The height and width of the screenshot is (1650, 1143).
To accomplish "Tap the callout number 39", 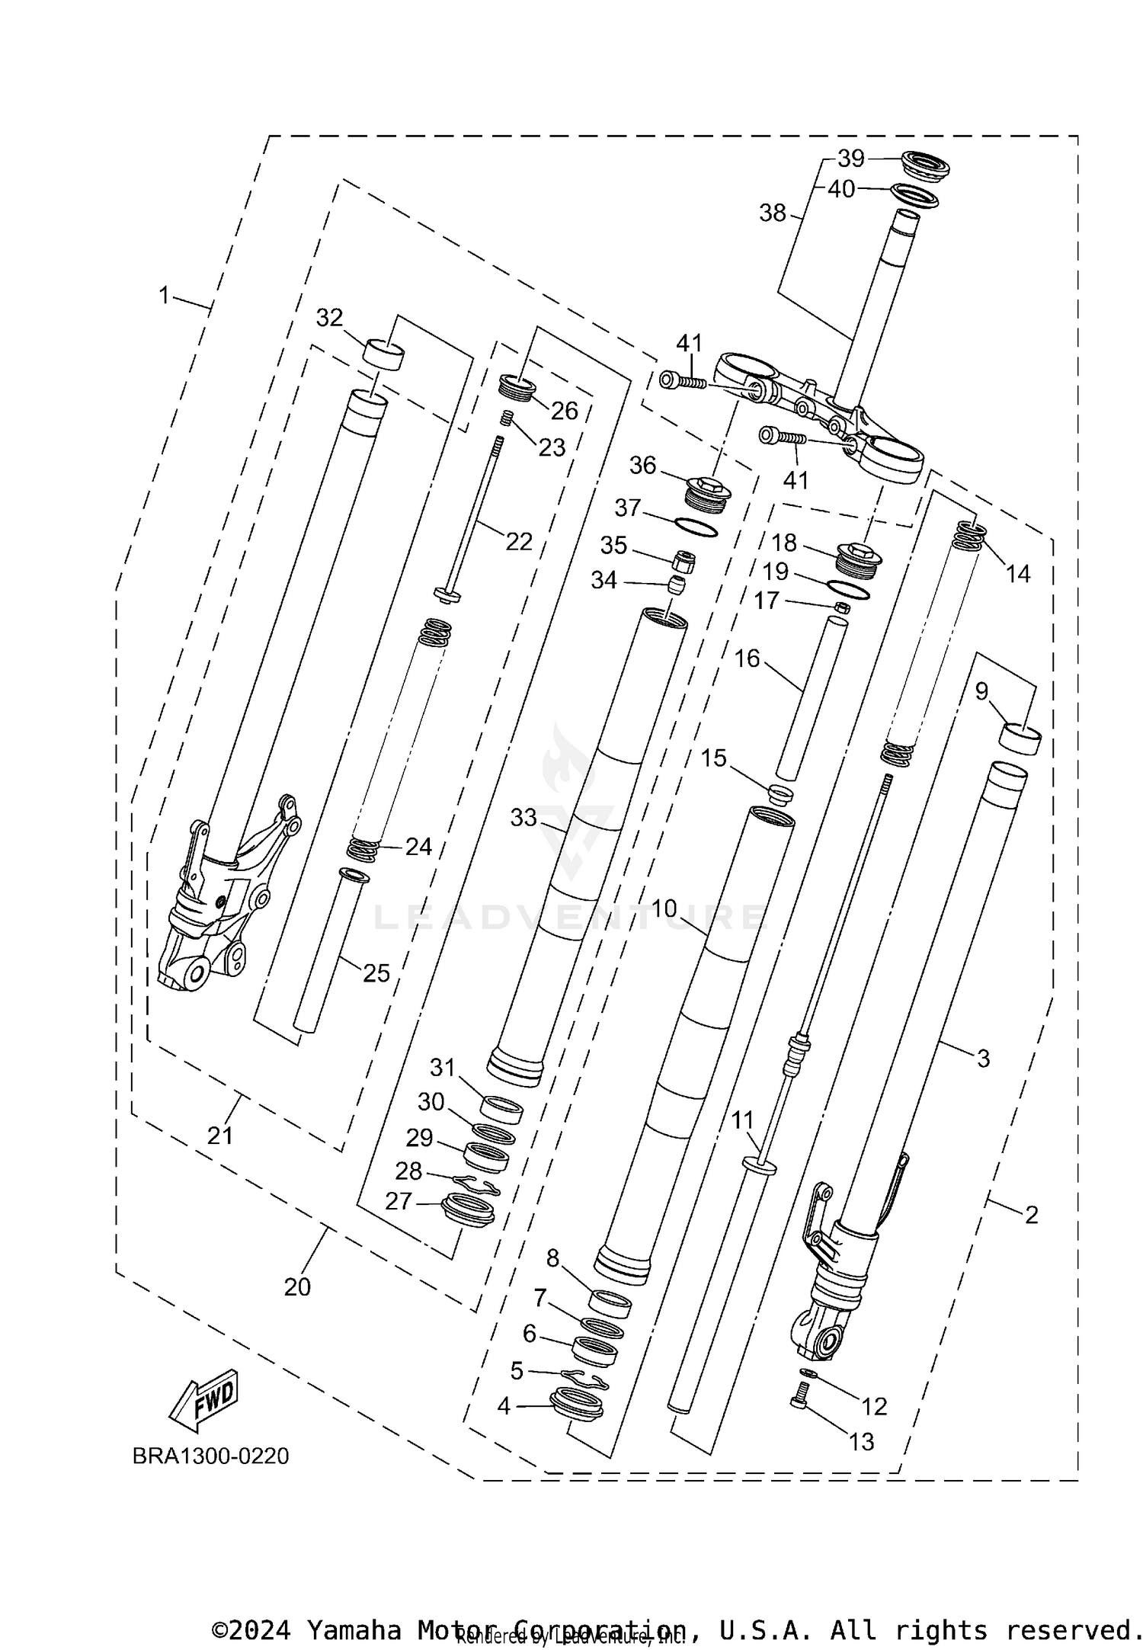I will point(850,159).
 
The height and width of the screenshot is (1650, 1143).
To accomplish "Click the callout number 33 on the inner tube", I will point(523,818).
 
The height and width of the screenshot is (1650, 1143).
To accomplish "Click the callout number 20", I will point(297,1286).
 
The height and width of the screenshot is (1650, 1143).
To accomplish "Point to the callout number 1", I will point(164,295).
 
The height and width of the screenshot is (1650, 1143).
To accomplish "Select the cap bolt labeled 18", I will point(859,560).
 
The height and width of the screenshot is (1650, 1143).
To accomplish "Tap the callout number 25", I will point(376,973).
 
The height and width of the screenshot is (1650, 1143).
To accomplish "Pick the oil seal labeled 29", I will point(486,1157).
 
